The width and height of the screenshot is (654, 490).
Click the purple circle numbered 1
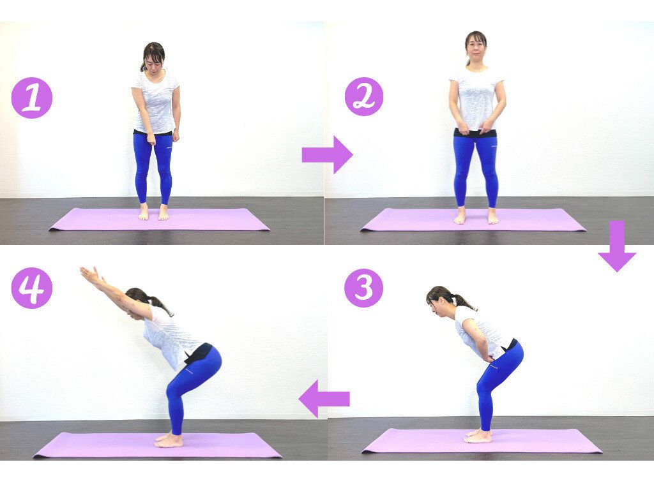(x=32, y=98)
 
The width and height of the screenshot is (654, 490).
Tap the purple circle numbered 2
(x=363, y=97)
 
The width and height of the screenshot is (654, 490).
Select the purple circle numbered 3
(x=363, y=288)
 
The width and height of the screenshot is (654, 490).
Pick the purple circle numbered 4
(x=32, y=288)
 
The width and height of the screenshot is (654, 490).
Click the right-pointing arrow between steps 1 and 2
(x=328, y=154)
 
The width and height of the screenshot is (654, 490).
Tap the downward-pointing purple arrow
(x=618, y=246)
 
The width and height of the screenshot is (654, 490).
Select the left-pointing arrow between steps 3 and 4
(x=324, y=399)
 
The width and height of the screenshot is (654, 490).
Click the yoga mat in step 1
(x=159, y=219)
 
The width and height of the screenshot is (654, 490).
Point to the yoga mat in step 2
(x=473, y=219)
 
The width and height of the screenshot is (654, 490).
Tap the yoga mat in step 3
(x=482, y=441)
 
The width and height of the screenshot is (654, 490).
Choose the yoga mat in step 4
(x=158, y=445)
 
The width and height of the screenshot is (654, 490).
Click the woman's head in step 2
(x=476, y=47)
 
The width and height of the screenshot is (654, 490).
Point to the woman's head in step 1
(x=153, y=57)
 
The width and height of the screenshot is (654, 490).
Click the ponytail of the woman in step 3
(x=464, y=302)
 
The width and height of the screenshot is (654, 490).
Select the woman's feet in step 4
(x=169, y=440)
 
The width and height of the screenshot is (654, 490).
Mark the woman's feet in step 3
(x=478, y=436)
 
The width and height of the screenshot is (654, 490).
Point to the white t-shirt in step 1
(x=156, y=103)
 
